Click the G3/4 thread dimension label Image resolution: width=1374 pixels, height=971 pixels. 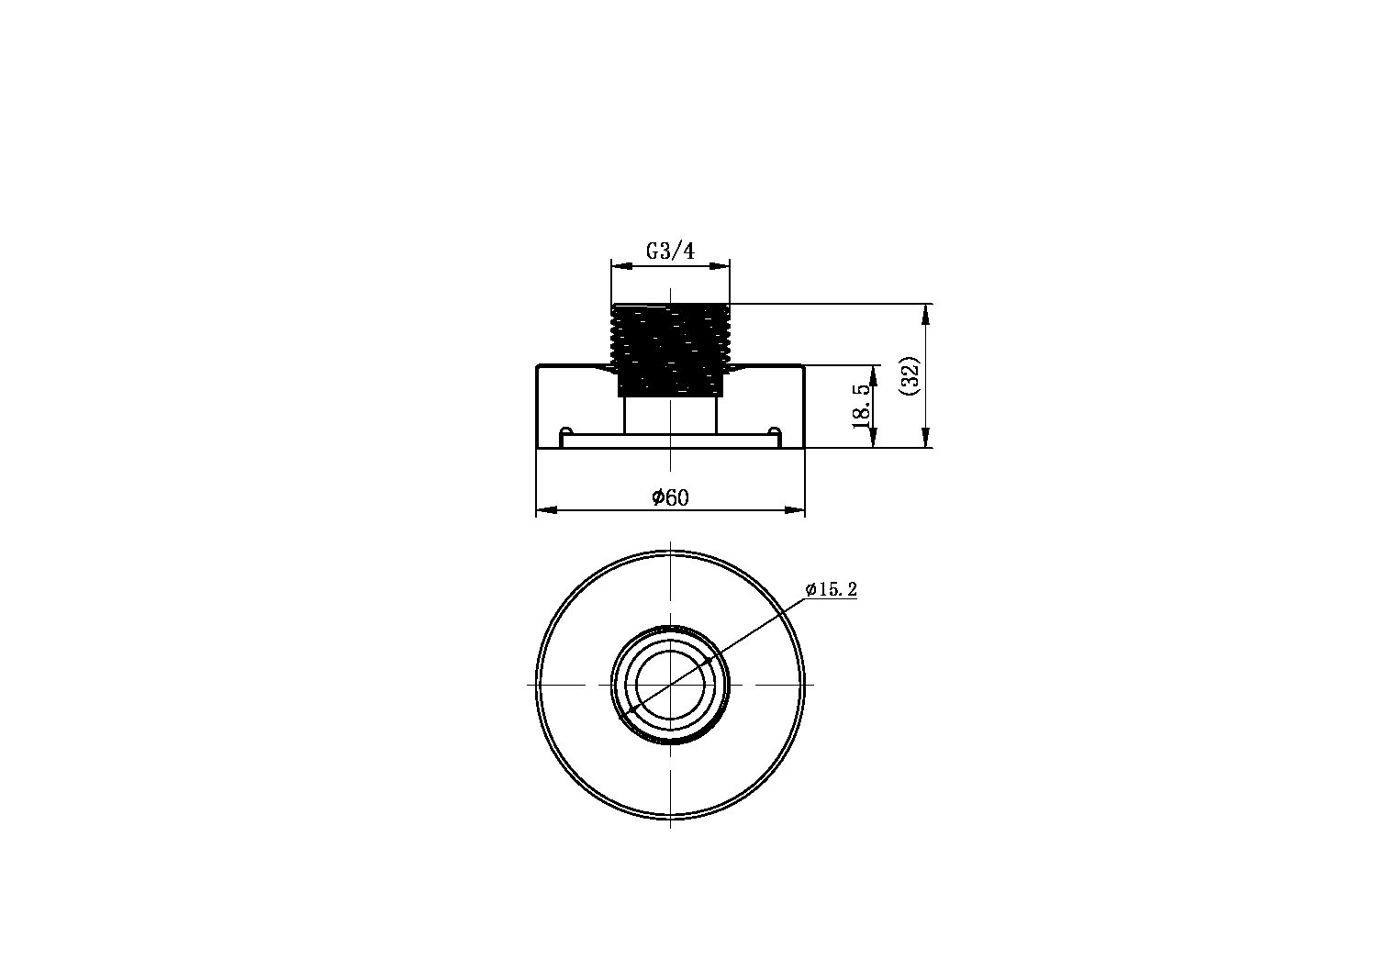click(x=670, y=251)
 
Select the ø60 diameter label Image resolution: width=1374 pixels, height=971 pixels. click(x=670, y=497)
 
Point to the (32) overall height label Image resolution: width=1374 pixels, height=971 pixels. click(x=910, y=376)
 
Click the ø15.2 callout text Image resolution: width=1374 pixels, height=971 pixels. click(x=832, y=589)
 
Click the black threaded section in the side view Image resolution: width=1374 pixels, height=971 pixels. click(x=670, y=350)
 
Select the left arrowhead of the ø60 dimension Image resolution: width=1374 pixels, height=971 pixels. click(x=546, y=509)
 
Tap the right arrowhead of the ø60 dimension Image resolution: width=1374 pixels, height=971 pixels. click(x=795, y=509)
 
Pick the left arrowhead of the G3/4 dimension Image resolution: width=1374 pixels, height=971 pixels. click(x=622, y=266)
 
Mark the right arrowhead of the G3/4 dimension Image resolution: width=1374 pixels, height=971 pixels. click(x=720, y=266)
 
